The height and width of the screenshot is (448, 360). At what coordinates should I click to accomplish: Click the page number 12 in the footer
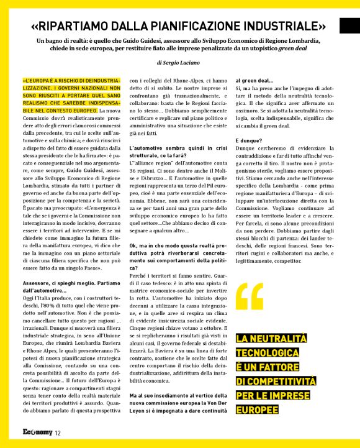pos(58,433)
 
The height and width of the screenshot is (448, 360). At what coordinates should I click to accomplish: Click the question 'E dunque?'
pos(248,140)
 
